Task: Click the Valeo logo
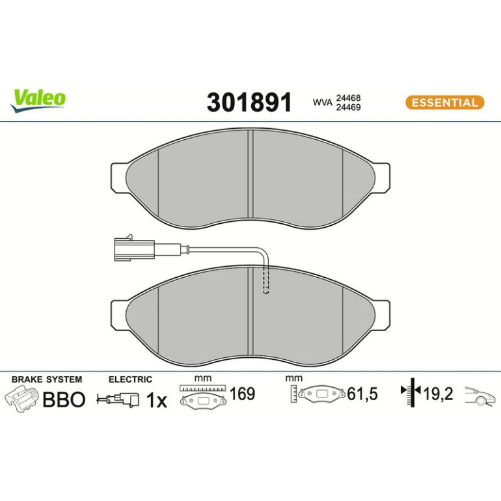(x=38, y=100)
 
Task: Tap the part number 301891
(x=249, y=102)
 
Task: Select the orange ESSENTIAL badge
(x=444, y=103)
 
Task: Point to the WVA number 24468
(x=347, y=98)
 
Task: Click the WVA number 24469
(x=347, y=107)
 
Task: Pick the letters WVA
(x=322, y=103)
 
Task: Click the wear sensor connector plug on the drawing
(x=134, y=248)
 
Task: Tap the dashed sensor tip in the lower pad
(x=265, y=281)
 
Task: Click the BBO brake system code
(x=64, y=399)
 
